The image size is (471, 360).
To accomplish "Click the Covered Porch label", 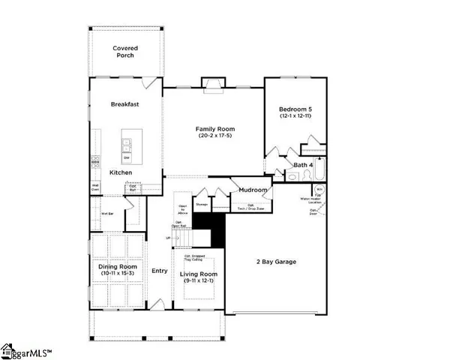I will click(x=125, y=52).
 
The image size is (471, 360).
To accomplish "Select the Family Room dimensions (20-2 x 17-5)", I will click(x=215, y=136).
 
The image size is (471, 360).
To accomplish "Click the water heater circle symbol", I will click(x=319, y=190).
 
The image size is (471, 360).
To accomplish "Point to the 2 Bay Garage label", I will click(x=277, y=262).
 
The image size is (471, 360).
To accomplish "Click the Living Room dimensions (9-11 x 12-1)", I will click(x=199, y=281).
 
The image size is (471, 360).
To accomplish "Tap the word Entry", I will click(x=160, y=271).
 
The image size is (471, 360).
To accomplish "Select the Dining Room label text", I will click(x=118, y=266).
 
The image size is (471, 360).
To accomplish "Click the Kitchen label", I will click(x=121, y=172).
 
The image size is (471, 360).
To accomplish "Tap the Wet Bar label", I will click(x=106, y=214).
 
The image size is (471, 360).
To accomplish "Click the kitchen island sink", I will click(x=127, y=142).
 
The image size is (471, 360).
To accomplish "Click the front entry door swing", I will click(x=158, y=304).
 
